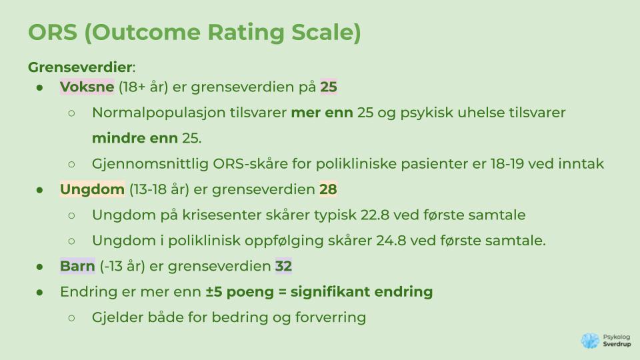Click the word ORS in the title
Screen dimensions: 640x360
point(53,32)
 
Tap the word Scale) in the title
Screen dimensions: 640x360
point(326,33)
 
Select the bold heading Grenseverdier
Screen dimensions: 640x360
point(80,67)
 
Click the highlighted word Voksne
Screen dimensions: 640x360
point(87,87)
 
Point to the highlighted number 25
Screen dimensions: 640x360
point(329,87)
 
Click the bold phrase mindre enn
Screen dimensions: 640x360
point(135,139)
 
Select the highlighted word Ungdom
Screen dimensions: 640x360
point(92,189)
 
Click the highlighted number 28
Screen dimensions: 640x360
point(328,189)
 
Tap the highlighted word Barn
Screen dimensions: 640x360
point(77,266)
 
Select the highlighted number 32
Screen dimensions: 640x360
point(284,266)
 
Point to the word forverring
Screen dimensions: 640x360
point(331,317)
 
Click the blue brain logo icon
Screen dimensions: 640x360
point(590,341)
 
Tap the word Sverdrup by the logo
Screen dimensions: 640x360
point(617,344)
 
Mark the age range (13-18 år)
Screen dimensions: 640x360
point(159,189)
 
